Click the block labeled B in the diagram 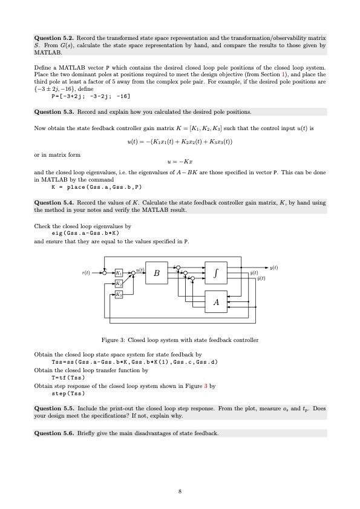point(157,274)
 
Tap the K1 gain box point(119,273)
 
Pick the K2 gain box point(119,283)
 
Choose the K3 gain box point(119,294)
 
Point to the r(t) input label point(86,273)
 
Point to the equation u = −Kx point(180,162)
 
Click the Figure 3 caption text point(180,340)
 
